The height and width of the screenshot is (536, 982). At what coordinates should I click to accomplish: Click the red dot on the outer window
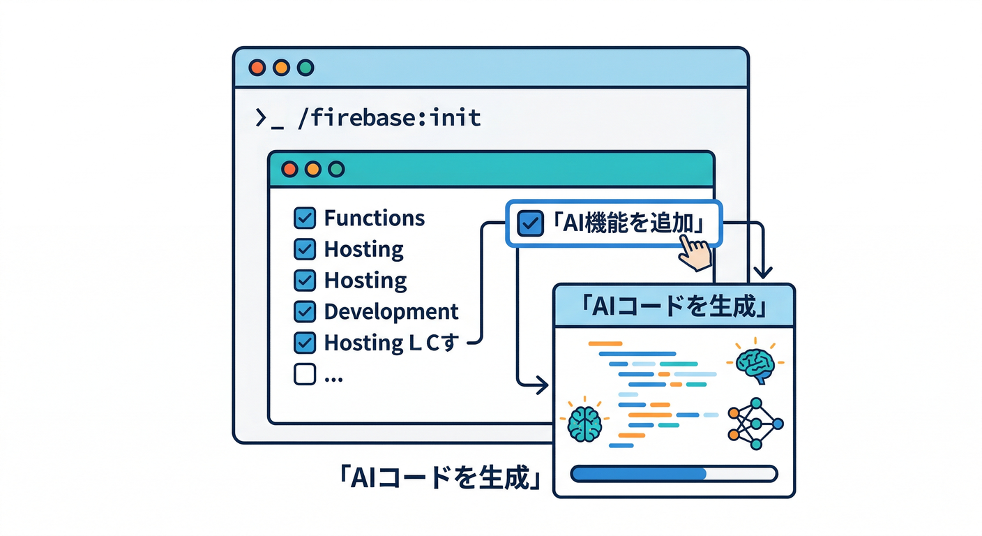[257, 68]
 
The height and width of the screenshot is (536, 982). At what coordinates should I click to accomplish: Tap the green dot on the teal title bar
[336, 170]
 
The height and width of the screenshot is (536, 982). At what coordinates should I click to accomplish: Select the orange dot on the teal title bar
[313, 170]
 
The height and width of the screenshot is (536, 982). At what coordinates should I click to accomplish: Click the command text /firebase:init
[388, 117]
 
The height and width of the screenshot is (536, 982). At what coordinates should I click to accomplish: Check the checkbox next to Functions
[305, 218]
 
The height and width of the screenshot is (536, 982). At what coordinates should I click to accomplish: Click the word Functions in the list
[374, 218]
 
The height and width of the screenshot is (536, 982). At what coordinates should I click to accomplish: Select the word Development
[391, 311]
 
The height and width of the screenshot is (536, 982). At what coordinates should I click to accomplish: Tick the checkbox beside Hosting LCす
[305, 343]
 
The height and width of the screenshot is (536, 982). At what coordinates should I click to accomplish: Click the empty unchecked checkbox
[305, 374]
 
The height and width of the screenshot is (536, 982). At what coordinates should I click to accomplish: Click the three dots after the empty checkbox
[333, 377]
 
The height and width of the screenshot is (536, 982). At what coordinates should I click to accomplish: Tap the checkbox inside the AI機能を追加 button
[529, 224]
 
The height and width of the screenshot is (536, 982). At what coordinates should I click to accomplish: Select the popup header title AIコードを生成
[672, 306]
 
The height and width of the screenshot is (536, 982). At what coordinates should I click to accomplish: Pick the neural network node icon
[755, 423]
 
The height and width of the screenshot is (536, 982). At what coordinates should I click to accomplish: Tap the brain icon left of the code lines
[584, 421]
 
